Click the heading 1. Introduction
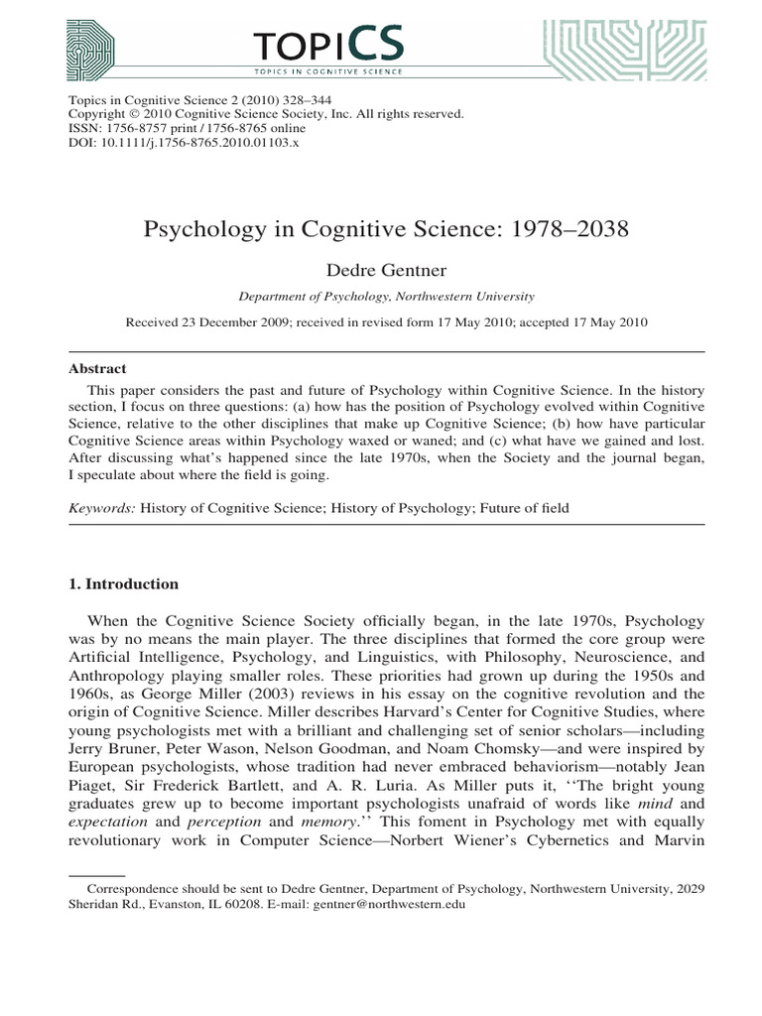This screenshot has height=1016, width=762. pos(122,583)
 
